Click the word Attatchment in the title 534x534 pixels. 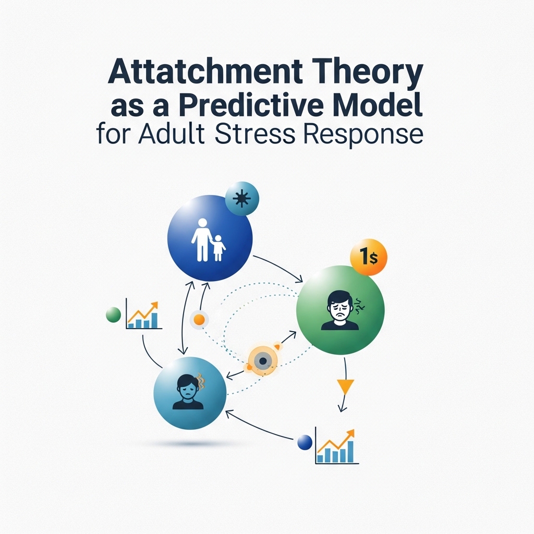205,72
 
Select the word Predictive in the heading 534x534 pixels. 251,105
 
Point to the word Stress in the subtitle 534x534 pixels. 255,134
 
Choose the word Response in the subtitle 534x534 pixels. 363,136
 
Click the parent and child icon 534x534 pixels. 209,240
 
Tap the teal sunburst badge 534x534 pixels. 242,199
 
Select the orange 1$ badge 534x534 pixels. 369,257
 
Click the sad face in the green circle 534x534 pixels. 340,310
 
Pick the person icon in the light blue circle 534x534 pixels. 188,392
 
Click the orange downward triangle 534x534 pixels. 345,386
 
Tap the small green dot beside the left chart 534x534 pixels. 113,314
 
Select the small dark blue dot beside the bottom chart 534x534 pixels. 305,442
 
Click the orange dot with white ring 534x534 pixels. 199,320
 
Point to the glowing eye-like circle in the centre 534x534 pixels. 263,361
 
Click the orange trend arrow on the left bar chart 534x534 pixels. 143,311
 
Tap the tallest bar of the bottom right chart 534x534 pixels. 350,452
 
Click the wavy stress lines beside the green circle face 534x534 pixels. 359,306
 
